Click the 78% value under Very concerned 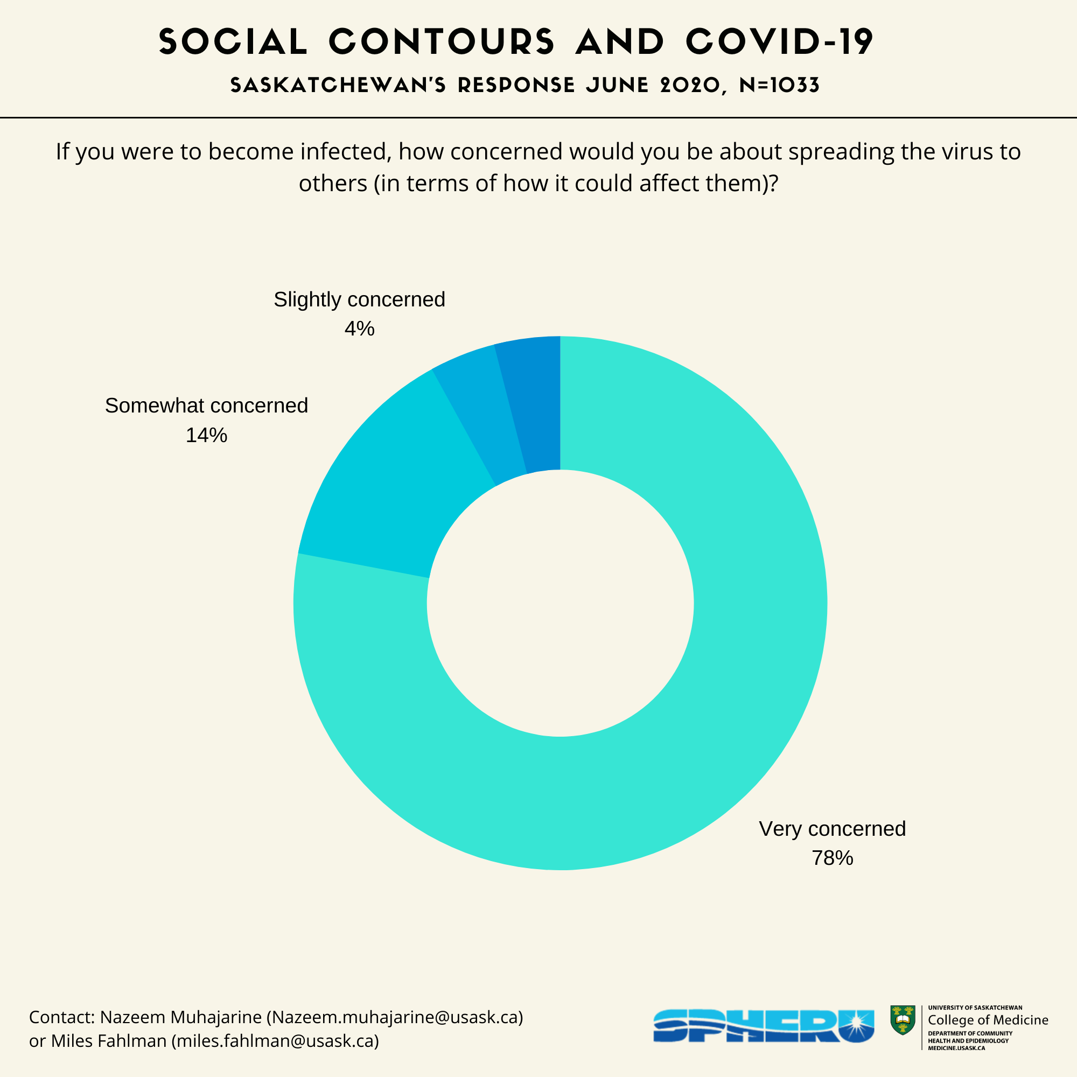coord(832,858)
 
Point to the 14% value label coord(206,435)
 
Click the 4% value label coord(359,329)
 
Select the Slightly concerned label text coord(359,300)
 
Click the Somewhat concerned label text coord(206,406)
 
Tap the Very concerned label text coord(832,829)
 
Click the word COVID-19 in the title coord(779,42)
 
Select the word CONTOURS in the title coord(442,42)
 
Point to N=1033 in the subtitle coord(779,85)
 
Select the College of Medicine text coord(988,1020)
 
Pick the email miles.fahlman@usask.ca coord(275,1041)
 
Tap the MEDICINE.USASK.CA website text coord(956,1048)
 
